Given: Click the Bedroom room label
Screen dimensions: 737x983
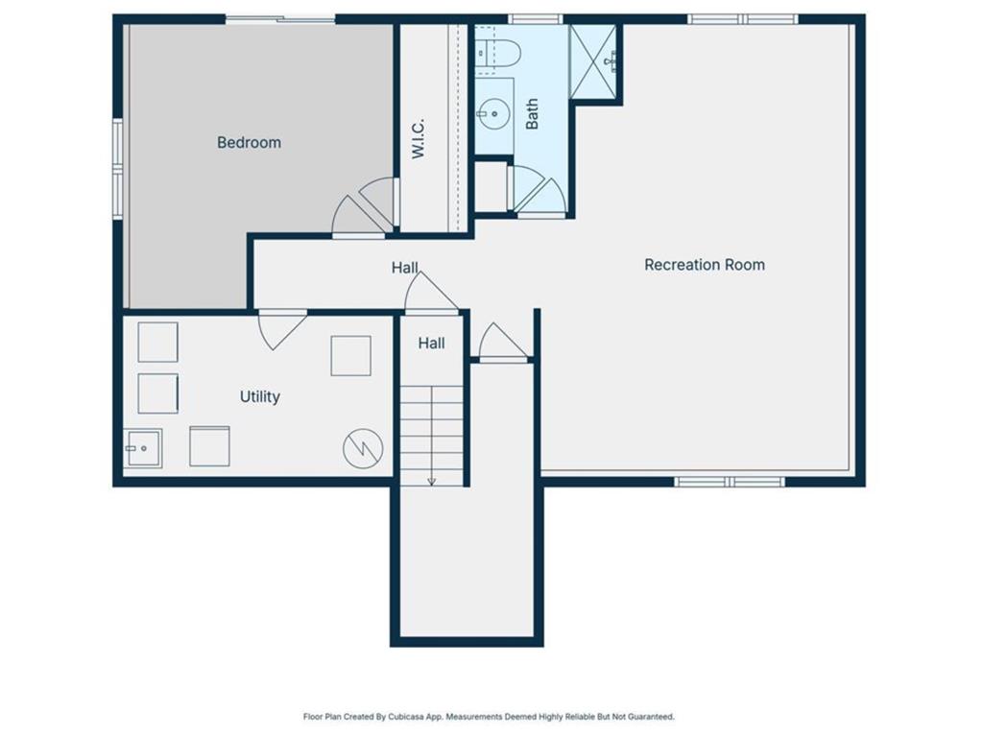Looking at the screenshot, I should pos(249,142).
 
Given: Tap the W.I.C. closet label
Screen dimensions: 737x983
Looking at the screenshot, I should pos(419,139).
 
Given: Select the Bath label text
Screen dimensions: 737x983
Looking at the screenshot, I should pos(532,114).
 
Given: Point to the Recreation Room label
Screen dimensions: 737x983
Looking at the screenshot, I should pos(704,264).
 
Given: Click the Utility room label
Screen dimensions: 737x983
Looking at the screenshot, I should pos(259,396).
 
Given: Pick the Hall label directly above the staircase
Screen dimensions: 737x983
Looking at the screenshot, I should pos(431,343).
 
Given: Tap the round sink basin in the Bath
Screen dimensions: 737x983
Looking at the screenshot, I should pos(494,114).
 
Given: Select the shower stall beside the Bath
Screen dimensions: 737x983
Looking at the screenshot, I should pos(594,61).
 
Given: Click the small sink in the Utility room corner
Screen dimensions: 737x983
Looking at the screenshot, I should pos(142,448).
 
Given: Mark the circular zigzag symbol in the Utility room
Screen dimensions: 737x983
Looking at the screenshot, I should pos(363,448).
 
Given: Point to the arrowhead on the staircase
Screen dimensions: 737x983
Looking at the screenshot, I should pos(432,480).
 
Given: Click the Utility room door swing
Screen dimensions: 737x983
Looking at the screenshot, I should pos(280,326).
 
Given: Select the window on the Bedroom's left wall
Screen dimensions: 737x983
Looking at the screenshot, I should pos(118,169).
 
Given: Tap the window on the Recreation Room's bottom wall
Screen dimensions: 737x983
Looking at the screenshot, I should pos(730,481).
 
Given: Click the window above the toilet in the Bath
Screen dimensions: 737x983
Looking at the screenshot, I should pos(534,18).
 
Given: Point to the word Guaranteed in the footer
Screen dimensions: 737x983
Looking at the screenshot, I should pos(649,716).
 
